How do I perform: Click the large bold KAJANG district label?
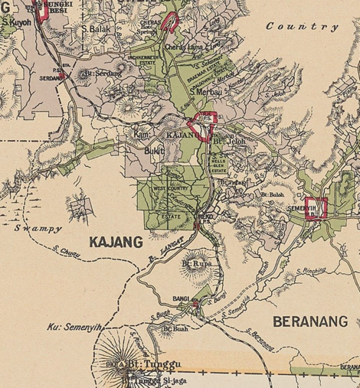[116, 243]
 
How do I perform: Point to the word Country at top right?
[302, 26]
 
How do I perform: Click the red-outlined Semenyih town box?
[316, 208]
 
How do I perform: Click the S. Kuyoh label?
[16, 24]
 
